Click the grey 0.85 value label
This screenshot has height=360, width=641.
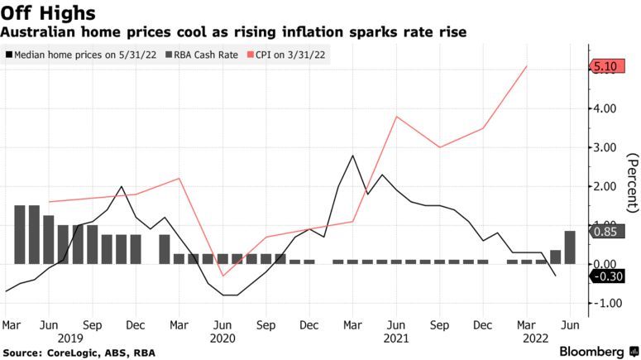click(x=607, y=233)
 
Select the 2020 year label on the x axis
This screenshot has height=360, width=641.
click(x=223, y=338)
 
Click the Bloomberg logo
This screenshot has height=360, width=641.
click(x=592, y=351)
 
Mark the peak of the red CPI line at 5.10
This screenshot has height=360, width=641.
click(x=528, y=66)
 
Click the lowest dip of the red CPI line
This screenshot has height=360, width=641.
click(x=222, y=276)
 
